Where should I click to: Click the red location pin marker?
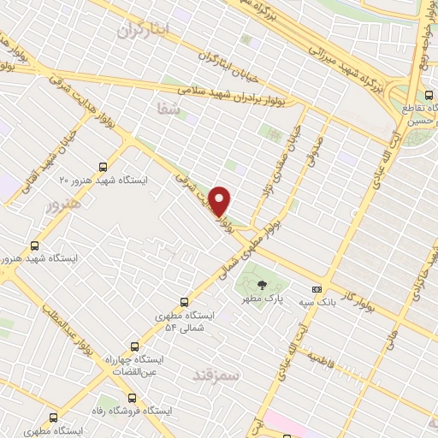[221, 201]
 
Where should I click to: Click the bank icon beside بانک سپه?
[317, 288]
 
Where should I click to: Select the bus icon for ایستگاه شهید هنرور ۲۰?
[104, 167]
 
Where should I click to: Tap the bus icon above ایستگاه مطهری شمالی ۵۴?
[185, 301]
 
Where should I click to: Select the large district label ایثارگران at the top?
[141, 31]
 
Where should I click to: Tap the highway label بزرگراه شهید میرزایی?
[328, 42]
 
